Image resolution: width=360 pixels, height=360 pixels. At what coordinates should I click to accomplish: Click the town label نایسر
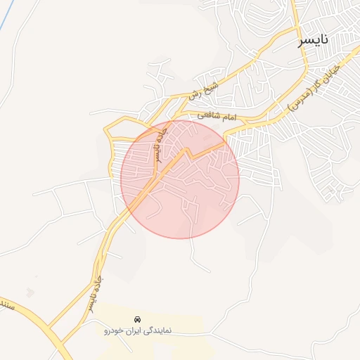(313, 41)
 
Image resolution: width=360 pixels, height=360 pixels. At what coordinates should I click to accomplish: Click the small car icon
(136, 318)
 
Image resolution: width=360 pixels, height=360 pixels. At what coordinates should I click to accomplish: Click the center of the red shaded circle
(180, 179)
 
